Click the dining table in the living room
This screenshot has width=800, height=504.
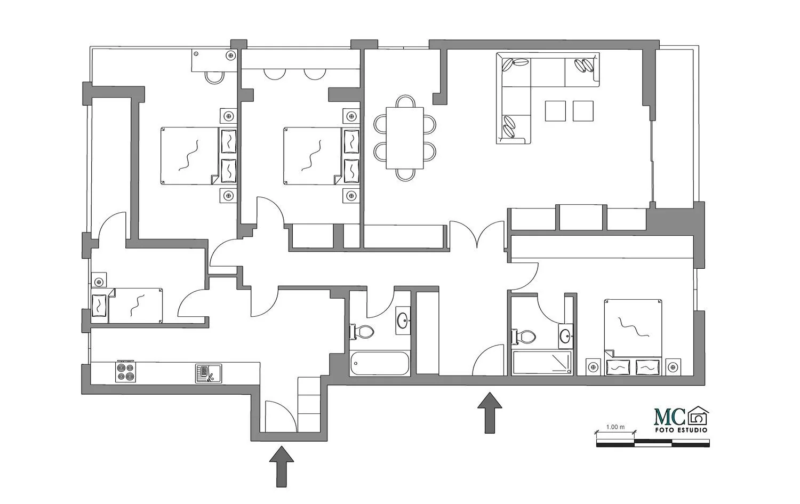coord(405,138)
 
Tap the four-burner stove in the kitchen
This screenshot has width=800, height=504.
coord(126,372)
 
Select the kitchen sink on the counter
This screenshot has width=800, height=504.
coord(208,373)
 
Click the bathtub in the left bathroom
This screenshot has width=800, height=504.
coord(380,363)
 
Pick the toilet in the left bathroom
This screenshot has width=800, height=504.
coord(362,332)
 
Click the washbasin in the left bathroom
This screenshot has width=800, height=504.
coord(403,321)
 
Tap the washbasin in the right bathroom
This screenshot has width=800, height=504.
coord(566,336)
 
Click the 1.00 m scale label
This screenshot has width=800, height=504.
coord(615,427)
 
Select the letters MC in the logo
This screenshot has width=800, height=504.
coord(670,417)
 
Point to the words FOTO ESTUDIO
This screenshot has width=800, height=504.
coord(681,430)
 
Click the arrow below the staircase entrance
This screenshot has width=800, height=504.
coord(282,467)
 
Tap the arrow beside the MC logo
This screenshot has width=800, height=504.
coord(490,413)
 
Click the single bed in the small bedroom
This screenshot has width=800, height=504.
coord(127,306)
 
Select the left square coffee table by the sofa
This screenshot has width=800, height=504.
coord(555,111)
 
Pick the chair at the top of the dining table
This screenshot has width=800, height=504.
coord(405,101)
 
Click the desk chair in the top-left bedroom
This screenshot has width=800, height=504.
coord(214,77)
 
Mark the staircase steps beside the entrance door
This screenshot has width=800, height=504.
coord(309,405)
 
